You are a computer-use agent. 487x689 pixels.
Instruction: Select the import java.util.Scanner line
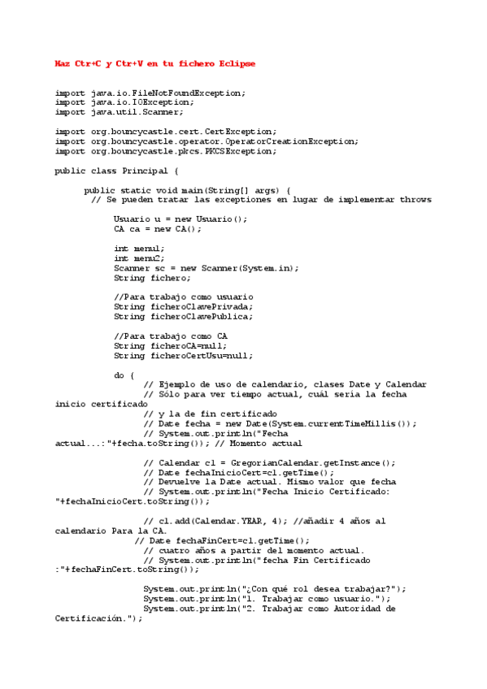pos(119,111)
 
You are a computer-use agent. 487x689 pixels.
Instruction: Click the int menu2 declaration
pos(139,258)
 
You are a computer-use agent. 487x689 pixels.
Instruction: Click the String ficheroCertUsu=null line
pos(183,355)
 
